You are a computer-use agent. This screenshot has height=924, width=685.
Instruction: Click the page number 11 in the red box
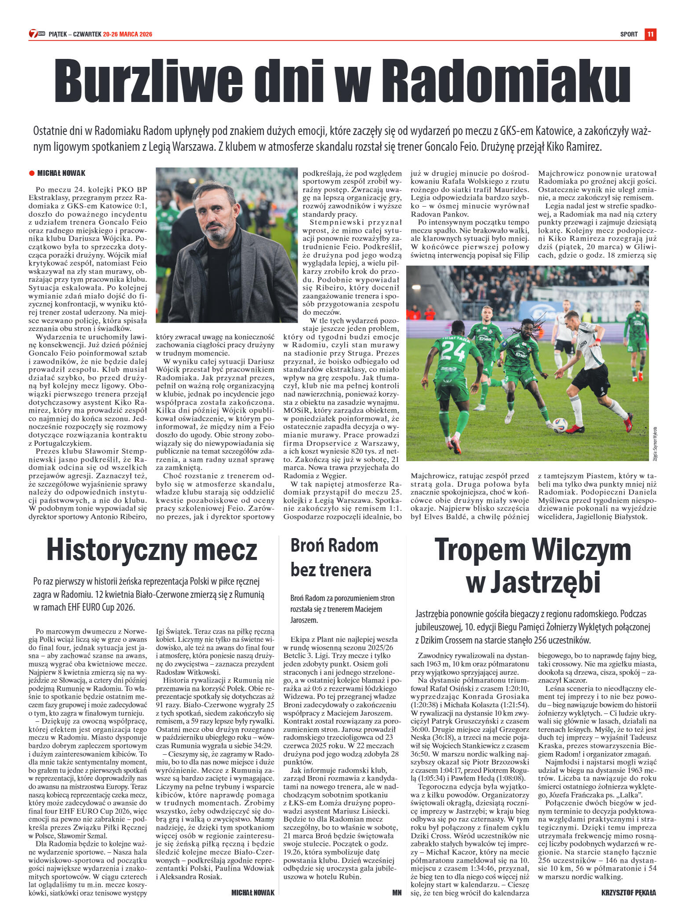(650, 34)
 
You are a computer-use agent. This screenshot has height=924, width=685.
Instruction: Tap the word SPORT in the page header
(629, 34)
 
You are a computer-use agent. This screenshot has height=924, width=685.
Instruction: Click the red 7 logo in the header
(33, 34)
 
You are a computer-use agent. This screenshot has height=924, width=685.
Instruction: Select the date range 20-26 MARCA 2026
(128, 34)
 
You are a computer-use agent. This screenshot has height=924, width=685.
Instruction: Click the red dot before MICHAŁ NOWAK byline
(32, 173)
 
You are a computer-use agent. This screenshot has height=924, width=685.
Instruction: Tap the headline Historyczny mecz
(152, 549)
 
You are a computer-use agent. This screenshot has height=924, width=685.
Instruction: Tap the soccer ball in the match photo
(560, 426)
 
